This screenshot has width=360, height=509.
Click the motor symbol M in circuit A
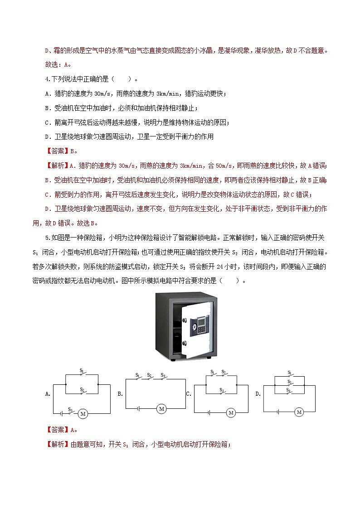83,413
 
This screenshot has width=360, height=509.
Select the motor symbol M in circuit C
231,412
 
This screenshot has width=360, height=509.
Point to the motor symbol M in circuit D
299,412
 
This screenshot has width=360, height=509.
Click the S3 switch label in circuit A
70,409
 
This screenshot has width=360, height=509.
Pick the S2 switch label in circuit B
150,374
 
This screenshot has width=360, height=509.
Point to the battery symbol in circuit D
277,412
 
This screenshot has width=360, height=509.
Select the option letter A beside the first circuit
48,394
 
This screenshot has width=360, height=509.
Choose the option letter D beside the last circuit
258,394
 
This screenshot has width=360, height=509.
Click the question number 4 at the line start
48,79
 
